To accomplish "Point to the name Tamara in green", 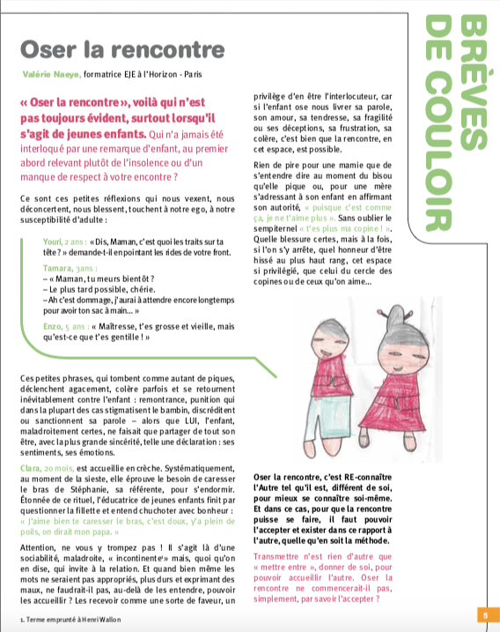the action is (58, 267).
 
